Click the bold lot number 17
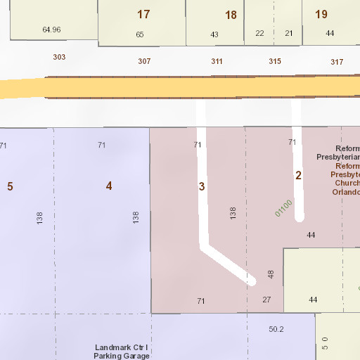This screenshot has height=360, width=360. coord(143,14)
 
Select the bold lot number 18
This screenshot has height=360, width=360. coord(231,15)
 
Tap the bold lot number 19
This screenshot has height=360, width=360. coord(321,14)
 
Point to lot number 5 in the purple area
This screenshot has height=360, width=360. coord(10,186)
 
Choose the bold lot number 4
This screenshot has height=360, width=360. coord(108,186)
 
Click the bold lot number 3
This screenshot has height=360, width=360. coord(202,186)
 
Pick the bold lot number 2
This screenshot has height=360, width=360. coord(298,175)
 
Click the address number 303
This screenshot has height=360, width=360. coord(59,56)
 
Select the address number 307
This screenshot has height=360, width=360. coord(144,61)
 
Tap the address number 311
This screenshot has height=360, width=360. coord(217,61)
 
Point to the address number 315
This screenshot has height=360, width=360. coord(275,61)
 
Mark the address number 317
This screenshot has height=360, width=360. coord(337,62)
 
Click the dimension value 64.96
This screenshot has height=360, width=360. coord(51,30)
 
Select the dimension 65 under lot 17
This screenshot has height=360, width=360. coord(140,34)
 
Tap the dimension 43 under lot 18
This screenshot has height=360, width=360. coord(214,34)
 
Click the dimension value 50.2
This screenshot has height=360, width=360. coord(276,329)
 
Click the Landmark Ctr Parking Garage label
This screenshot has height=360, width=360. coord(122,352)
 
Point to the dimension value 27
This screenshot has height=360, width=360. coord(266,300)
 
